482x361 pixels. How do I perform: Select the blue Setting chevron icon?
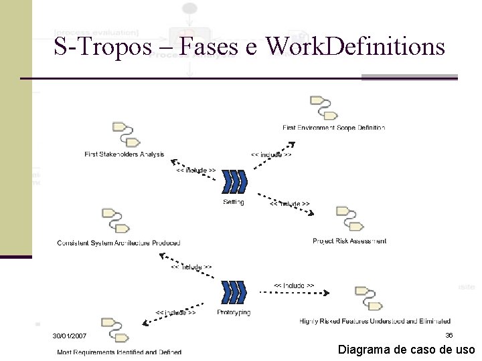pyautogui.click(x=234, y=181)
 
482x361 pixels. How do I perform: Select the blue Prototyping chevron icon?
pyautogui.click(x=234, y=291)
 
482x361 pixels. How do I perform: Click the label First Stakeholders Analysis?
pyautogui.click(x=125, y=154)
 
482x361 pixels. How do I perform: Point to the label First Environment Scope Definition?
pyautogui.click(x=333, y=127)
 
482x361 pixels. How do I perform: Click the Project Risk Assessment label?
pyautogui.click(x=349, y=241)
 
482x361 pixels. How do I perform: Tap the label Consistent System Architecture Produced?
pyautogui.click(x=118, y=243)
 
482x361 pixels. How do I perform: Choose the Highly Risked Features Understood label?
pyautogui.click(x=375, y=322)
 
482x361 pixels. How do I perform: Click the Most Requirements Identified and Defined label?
pyautogui.click(x=119, y=352)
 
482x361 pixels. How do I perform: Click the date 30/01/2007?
pyautogui.click(x=70, y=335)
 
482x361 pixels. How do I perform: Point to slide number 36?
pyautogui.click(x=449, y=335)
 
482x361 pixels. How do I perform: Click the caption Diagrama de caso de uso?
pyautogui.click(x=406, y=349)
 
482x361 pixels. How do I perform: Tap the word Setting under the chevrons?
pyautogui.click(x=234, y=202)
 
